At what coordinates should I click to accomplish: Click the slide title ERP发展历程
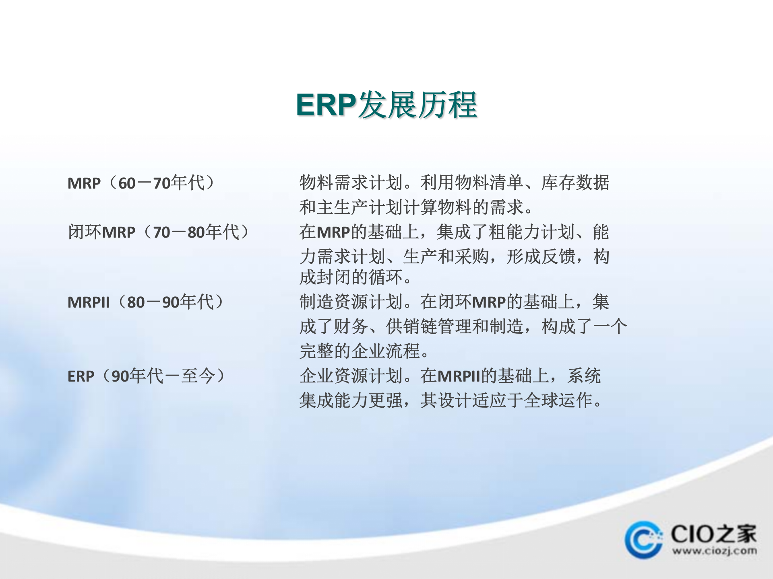click(386, 105)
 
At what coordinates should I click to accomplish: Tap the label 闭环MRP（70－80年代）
click(158, 232)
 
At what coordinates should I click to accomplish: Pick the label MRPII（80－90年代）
click(145, 302)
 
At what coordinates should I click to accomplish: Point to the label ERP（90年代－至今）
click(146, 376)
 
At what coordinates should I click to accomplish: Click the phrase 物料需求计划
click(351, 183)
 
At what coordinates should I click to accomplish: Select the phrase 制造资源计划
click(351, 302)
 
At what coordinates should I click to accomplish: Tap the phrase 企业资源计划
click(351, 376)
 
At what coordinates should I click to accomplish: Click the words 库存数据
click(575, 183)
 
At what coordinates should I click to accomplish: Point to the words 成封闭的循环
click(351, 277)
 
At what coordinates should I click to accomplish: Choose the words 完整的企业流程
click(360, 351)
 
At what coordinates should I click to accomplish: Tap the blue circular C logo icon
click(643, 540)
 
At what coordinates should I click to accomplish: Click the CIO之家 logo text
click(713, 534)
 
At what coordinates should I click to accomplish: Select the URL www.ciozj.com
click(714, 551)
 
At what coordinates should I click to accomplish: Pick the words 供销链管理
click(420, 326)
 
